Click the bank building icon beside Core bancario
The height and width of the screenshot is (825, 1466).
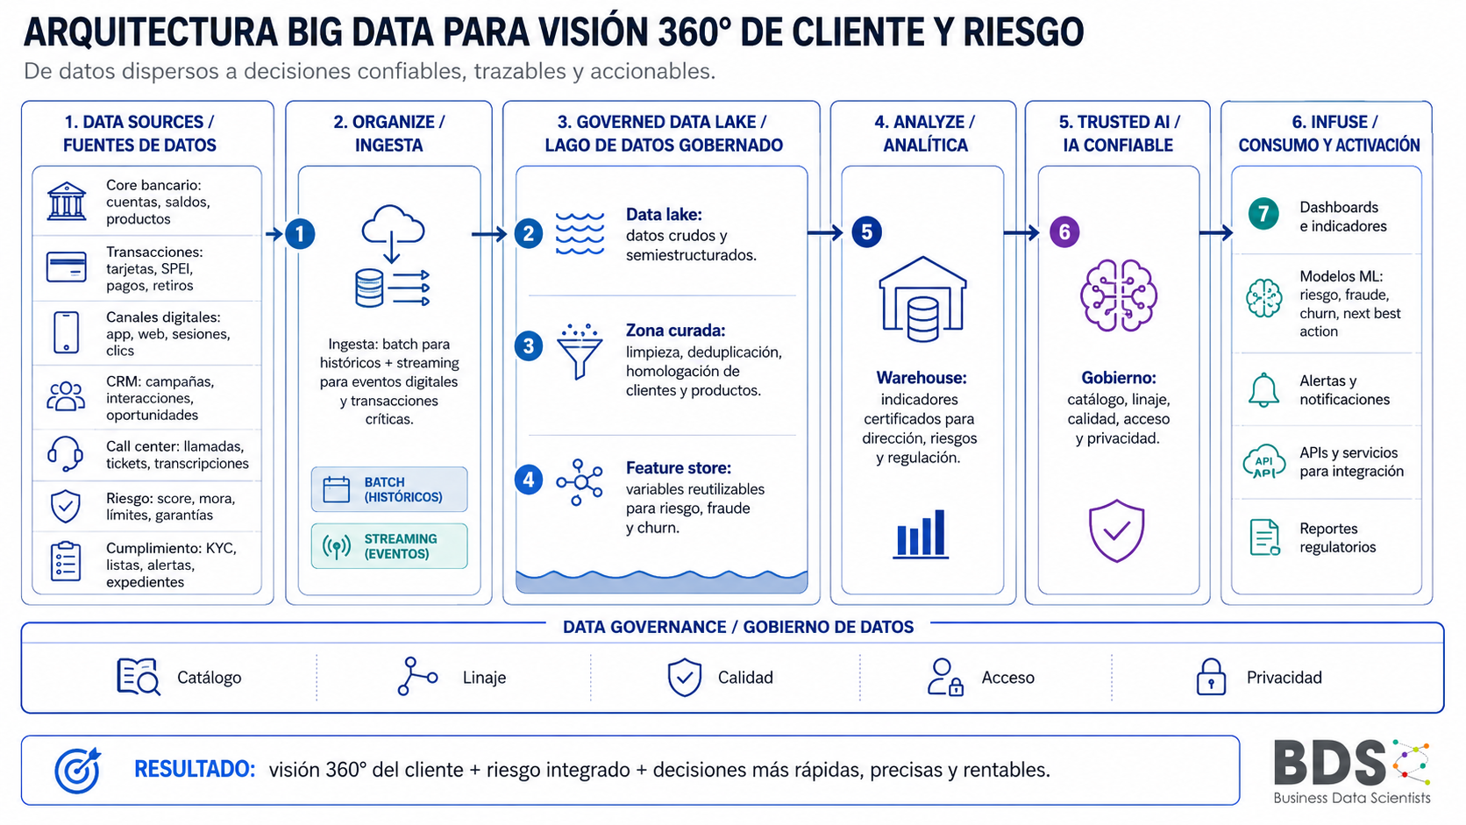pyautogui.click(x=66, y=201)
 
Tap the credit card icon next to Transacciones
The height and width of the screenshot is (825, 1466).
pyautogui.click(x=66, y=267)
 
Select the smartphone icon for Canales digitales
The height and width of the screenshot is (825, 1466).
pyautogui.click(x=66, y=332)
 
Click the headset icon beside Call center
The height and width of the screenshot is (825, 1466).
pyautogui.click(x=66, y=454)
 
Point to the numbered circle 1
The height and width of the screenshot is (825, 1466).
pyautogui.click(x=300, y=233)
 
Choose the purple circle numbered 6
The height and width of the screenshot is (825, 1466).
pyautogui.click(x=1064, y=232)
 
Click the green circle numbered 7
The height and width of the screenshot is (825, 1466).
pyautogui.click(x=1263, y=213)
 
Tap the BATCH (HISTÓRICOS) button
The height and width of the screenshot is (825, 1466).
pyautogui.click(x=389, y=489)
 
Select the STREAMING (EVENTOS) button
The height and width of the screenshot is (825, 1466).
pyautogui.click(x=389, y=546)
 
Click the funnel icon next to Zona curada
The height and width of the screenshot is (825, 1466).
pyautogui.click(x=580, y=352)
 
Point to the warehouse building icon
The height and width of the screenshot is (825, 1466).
pyautogui.click(x=922, y=299)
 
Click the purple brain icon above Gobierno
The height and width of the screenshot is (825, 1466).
pyautogui.click(x=1119, y=295)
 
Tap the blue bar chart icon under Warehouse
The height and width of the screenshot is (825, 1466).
pyautogui.click(x=921, y=534)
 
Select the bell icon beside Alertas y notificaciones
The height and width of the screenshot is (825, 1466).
pyautogui.click(x=1263, y=390)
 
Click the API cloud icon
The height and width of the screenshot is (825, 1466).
pyautogui.click(x=1263, y=462)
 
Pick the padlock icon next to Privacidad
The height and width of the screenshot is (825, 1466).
pyautogui.click(x=1211, y=677)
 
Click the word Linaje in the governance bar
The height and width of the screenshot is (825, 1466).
pyautogui.click(x=484, y=677)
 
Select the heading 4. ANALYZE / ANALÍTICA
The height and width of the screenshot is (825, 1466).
pyautogui.click(x=925, y=133)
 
